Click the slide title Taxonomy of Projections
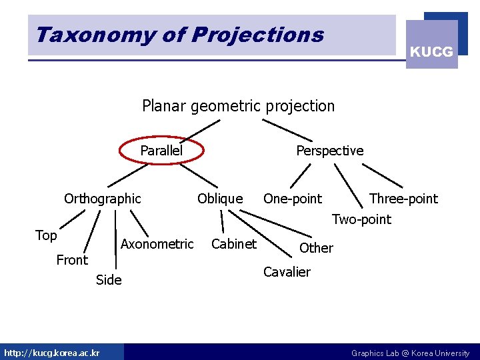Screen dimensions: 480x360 coord(180,35)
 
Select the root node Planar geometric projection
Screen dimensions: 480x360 coord(238,106)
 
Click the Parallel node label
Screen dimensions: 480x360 coord(161,151)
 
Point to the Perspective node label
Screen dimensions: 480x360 coord(329,151)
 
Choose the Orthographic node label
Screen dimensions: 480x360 coord(103,199)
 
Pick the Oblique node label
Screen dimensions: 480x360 coord(220,199)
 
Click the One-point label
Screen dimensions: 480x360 coord(292,199)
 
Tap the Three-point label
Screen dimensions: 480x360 coord(403,199)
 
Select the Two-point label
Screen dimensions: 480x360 coord(361,219)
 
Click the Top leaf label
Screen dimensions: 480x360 coord(46,235)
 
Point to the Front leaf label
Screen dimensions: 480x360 coord(72,260)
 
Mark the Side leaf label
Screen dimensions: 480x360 coord(109,280)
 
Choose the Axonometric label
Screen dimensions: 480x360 coord(157,244)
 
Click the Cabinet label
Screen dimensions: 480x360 coord(233,244)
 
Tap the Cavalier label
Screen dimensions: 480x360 coord(287,272)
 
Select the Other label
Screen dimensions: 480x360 coord(316,248)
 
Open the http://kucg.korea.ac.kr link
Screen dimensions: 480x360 coord(52,353)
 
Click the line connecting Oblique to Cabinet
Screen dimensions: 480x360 coord(222,221)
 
